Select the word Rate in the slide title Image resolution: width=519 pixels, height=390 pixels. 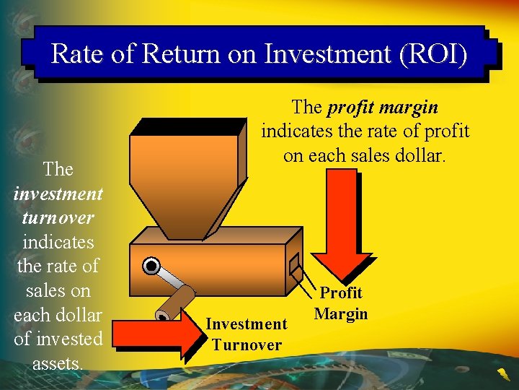pyautogui.click(x=76, y=53)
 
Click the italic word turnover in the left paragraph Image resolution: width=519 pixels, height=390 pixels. pyautogui.click(x=58, y=217)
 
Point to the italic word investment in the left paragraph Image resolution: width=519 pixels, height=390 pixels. pyautogui.click(x=58, y=194)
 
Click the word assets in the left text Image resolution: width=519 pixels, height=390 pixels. pyautogui.click(x=58, y=363)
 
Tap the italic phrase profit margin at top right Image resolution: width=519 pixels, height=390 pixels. pyautogui.click(x=383, y=108)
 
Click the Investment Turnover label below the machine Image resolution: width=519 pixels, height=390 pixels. pyautogui.click(x=246, y=334)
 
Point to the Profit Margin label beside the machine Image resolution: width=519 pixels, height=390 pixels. pyautogui.click(x=341, y=303)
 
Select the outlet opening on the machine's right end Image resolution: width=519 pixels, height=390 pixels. pyautogui.click(x=294, y=266)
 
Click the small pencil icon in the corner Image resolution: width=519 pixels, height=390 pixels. pyautogui.click(x=500, y=373)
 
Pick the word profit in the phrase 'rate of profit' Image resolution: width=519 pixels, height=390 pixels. pyautogui.click(x=446, y=131)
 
